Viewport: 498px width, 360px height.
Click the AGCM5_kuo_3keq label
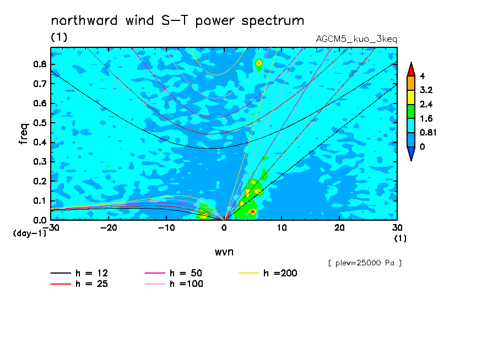click(x=356, y=40)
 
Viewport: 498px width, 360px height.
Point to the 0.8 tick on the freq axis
click(x=40, y=64)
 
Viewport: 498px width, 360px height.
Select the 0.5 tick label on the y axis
click(x=40, y=123)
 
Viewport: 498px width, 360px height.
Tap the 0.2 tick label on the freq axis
click(x=40, y=181)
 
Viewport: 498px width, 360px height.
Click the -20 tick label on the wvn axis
click(x=109, y=228)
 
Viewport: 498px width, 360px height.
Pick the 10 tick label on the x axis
click(x=282, y=228)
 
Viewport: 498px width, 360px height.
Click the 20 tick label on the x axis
click(x=339, y=228)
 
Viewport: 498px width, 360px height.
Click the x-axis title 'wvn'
click(x=224, y=252)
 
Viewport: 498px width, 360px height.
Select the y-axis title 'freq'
click(x=24, y=134)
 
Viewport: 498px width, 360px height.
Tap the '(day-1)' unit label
click(x=30, y=233)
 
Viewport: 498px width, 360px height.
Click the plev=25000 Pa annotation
click(x=365, y=263)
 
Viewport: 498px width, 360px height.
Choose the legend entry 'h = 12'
click(x=79, y=273)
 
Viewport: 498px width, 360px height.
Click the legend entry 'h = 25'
click(x=79, y=284)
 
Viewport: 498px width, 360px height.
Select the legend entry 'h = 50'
click(x=174, y=273)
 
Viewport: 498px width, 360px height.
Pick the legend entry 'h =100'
click(x=174, y=284)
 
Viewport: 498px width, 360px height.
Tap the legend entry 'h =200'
click(x=268, y=273)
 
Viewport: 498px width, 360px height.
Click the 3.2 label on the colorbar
click(x=426, y=90)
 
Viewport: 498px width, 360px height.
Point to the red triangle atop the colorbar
click(x=411, y=69)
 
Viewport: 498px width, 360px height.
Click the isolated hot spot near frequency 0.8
click(x=258, y=63)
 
